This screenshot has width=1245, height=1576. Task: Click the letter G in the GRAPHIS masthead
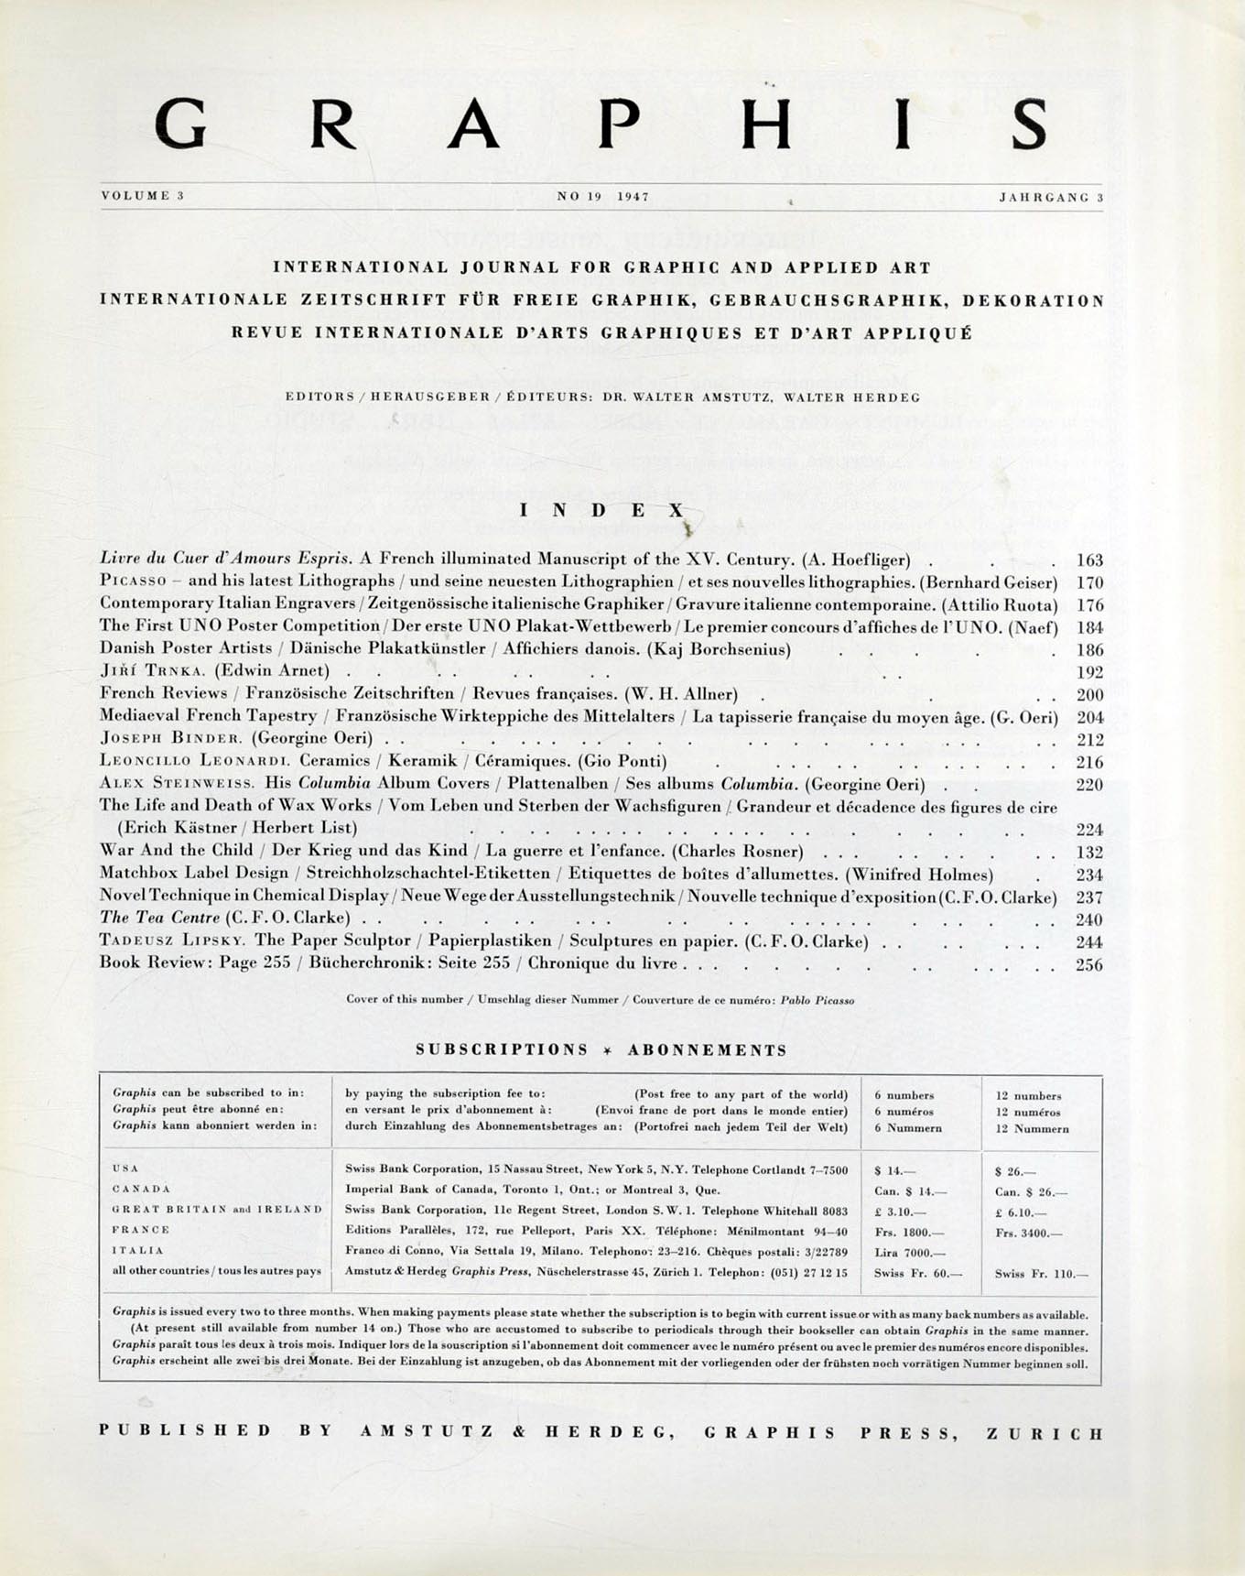pos(180,124)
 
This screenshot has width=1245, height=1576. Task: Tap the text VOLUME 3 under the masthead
pos(143,196)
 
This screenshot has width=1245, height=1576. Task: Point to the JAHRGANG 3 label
pos(1051,197)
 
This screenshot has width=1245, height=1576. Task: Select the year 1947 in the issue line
pos(633,197)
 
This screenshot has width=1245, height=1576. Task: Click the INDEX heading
pos(601,510)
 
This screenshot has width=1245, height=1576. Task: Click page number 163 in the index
pos(1089,560)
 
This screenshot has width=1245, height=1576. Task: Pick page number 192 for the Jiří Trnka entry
pos(1089,671)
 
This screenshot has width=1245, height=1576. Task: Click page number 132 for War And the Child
pos(1089,852)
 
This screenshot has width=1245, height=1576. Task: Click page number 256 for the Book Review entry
pos(1089,964)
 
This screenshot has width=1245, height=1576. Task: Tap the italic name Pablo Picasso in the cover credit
pos(817,1001)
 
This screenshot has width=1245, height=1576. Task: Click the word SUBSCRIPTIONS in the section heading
pos(502,1050)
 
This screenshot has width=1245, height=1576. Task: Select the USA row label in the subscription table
pos(125,1168)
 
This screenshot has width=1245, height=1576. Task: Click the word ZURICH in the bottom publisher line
pos(1045,1433)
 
